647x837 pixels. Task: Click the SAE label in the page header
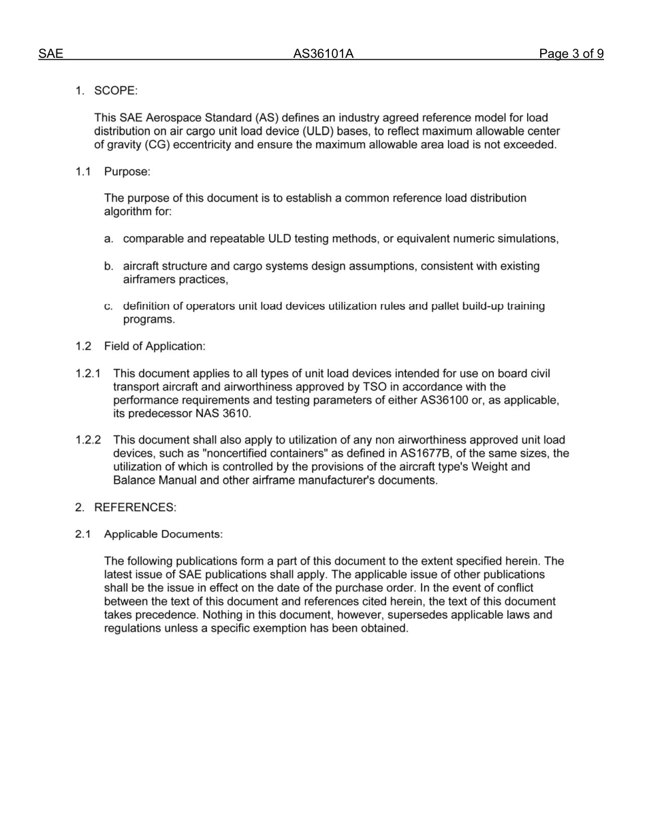tap(50, 54)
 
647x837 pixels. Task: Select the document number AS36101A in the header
tap(323, 54)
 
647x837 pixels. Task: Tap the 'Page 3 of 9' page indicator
tap(571, 54)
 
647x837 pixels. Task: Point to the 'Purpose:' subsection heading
tap(126, 171)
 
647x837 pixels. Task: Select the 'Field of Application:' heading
tap(154, 346)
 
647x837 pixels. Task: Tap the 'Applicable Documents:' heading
tap(163, 534)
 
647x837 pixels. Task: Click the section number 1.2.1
tap(89, 374)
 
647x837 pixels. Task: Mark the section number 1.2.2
tap(89, 440)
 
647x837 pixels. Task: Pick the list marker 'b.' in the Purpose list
tap(109, 266)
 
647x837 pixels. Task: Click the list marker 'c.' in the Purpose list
tap(109, 306)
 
